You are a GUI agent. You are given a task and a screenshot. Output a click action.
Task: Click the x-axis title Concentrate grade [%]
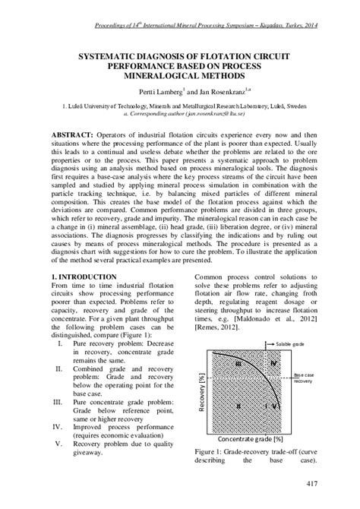(251, 440)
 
